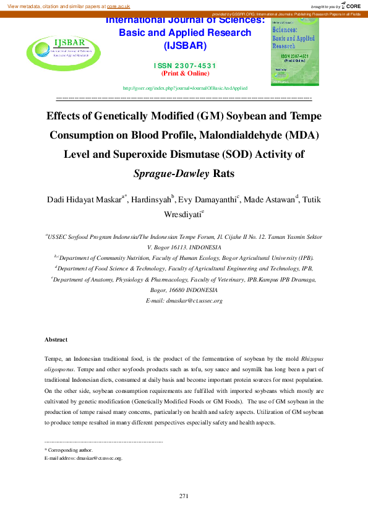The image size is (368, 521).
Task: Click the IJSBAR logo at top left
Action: (61, 50)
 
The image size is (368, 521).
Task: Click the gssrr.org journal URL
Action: (186, 88)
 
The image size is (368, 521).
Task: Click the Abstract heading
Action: (56, 340)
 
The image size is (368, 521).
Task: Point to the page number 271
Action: (184, 496)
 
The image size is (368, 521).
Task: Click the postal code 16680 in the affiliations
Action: (176, 290)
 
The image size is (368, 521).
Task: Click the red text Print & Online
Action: (184, 73)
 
